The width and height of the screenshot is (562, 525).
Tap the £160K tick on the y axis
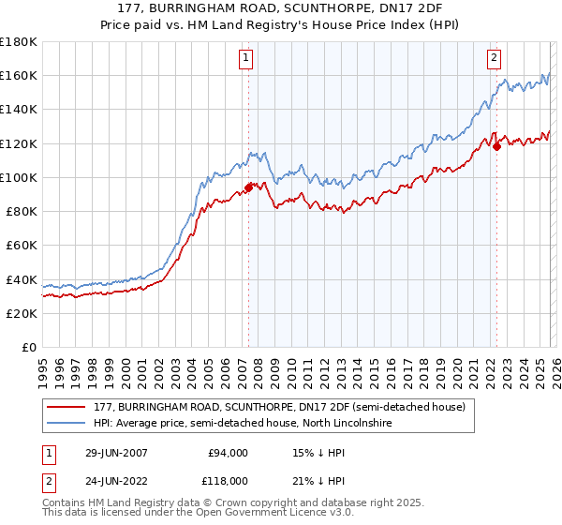tap(19, 75)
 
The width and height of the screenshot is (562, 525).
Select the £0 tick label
tap(28, 347)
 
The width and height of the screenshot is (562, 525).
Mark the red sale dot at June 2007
tap(248, 187)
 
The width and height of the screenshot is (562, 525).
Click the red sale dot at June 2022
tap(496, 146)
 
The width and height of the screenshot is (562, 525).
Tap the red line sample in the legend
tap(67, 407)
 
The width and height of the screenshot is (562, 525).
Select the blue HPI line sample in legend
tap(67, 424)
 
